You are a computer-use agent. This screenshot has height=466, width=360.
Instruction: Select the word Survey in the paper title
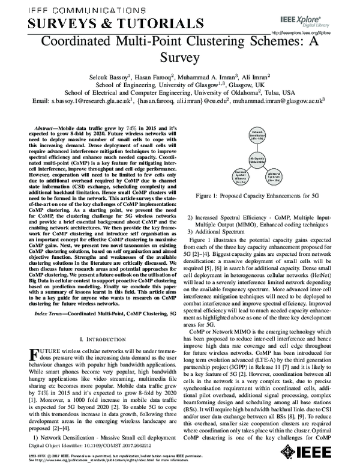179,59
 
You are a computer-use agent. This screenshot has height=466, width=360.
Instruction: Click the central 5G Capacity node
257,159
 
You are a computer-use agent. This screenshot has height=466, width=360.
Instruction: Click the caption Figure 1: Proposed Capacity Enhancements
257,196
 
